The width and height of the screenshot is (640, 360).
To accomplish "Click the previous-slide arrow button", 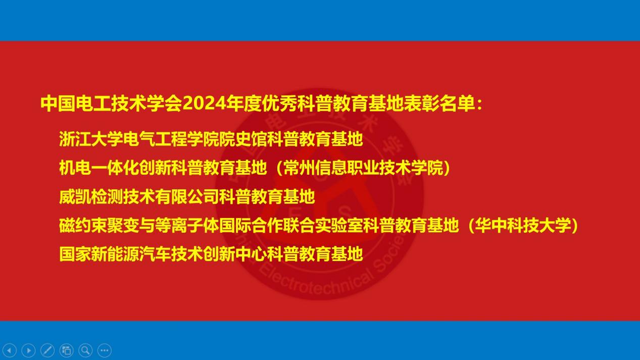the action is (x=10, y=350).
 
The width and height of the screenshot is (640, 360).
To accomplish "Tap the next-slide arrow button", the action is (x=29, y=350).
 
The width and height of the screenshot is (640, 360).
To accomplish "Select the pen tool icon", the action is (x=47, y=350).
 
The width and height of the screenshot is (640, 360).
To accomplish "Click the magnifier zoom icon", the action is (x=85, y=350).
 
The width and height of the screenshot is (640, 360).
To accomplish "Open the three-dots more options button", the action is (x=105, y=350).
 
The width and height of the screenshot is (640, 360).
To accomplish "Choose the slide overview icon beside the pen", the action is (x=66, y=350).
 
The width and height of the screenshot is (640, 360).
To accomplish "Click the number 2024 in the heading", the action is (x=204, y=104).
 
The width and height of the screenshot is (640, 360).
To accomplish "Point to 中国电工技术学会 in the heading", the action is (x=112, y=104).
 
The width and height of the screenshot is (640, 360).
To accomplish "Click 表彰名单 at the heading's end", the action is (x=439, y=104).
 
